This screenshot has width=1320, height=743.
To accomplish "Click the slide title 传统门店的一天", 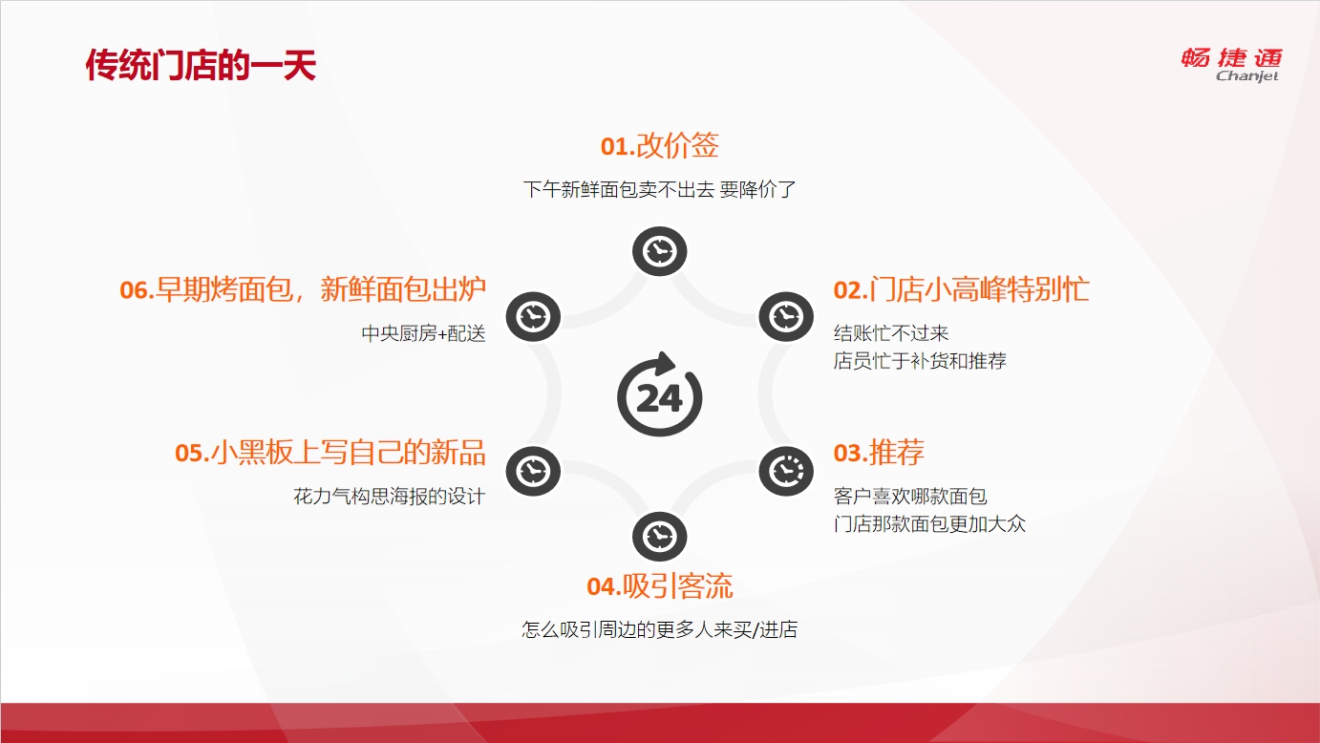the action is pos(201,65).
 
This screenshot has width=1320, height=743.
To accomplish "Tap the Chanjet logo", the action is pos(1231,65).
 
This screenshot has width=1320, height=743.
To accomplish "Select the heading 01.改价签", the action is pos(659,145).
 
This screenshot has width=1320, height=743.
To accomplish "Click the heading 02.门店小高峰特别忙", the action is pos(961,289).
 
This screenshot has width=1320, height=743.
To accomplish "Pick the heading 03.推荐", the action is pos(879,453).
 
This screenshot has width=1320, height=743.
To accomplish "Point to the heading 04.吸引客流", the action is pos(659,586).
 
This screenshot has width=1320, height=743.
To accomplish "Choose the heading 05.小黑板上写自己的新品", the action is pos(330,453).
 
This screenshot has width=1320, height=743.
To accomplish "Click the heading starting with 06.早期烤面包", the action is pos(303,289).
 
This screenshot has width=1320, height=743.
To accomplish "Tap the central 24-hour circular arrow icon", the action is pos(660,394).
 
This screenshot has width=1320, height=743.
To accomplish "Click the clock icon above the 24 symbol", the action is pos(659,251).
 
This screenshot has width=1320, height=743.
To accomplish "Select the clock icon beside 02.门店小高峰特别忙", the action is pos(786,317).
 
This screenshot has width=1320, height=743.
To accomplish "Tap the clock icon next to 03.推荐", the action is pos(786,472).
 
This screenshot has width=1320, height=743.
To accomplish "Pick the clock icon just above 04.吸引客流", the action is pos(659,537).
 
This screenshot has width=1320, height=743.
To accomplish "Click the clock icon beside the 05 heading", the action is pos(533,472).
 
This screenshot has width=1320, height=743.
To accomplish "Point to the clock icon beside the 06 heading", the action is pos(533,317).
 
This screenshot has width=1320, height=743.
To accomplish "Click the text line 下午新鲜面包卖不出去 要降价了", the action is pos(659,190).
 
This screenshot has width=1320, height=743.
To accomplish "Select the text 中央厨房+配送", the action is pos(423,333).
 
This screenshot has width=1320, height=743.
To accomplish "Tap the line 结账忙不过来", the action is pos(891,333).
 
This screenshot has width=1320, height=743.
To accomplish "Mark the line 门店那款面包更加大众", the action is pos(929,523).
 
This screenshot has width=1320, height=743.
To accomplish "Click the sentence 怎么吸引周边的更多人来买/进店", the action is pos(659,630).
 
